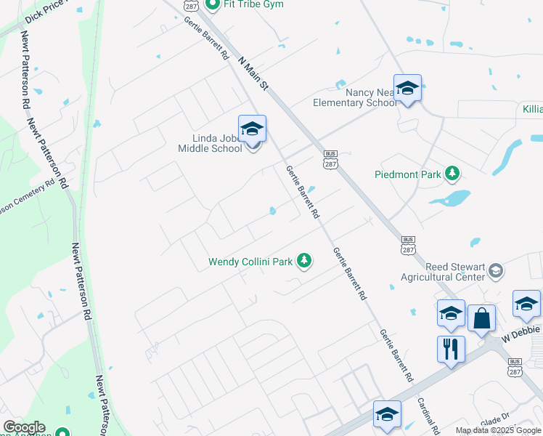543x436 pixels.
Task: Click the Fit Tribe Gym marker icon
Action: (x=213, y=5)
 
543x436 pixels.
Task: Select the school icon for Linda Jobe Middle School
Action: (x=252, y=129)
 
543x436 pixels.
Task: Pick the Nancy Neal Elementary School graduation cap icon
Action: (x=408, y=89)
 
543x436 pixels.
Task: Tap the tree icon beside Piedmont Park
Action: (x=453, y=173)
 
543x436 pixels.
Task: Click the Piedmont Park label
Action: (x=408, y=174)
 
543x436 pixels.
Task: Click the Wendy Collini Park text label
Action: (x=250, y=261)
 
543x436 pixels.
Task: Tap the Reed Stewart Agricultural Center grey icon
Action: (x=496, y=270)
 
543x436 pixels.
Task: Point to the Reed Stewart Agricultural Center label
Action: (x=444, y=271)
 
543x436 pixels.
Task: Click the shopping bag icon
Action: (x=481, y=318)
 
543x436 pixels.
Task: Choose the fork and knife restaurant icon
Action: (x=451, y=348)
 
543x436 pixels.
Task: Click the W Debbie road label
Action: (x=521, y=335)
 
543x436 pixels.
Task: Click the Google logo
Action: (x=24, y=428)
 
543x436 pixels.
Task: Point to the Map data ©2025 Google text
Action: (x=498, y=430)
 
